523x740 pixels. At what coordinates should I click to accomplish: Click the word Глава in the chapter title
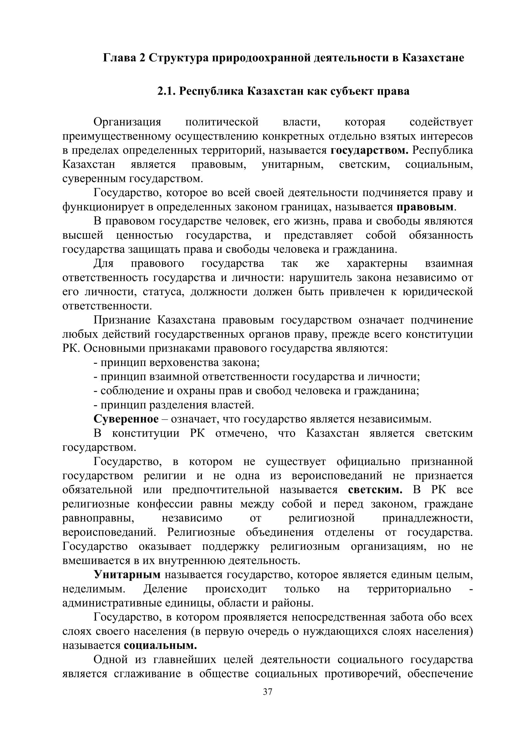119,58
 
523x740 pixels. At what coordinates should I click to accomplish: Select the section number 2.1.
167,91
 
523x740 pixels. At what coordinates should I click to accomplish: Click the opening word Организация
127,122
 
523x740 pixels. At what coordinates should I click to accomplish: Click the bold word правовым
424,207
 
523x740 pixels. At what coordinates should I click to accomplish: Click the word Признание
122,320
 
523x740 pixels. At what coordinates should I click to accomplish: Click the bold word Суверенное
126,419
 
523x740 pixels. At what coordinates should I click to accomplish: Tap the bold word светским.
375,490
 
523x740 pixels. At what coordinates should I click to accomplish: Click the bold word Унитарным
127,575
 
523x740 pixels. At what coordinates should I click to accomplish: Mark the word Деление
165,589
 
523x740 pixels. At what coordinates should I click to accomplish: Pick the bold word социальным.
160,646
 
